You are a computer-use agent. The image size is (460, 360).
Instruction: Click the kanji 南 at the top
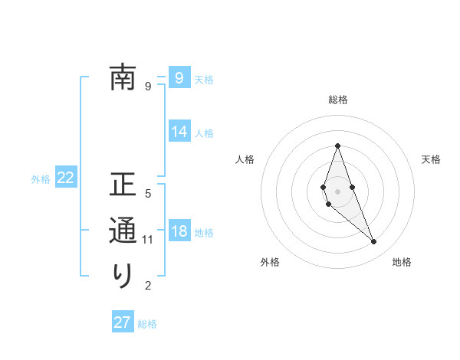point(123,77)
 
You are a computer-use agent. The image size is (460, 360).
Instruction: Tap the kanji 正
point(123,186)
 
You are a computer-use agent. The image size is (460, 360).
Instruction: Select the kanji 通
point(123,231)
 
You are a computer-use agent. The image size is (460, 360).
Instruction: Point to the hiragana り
point(123,275)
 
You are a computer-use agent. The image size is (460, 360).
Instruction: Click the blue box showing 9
point(179,77)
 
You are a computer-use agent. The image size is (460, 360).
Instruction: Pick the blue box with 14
point(179,132)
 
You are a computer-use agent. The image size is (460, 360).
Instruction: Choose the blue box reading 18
point(179,231)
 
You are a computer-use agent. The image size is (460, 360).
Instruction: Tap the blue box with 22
point(66,178)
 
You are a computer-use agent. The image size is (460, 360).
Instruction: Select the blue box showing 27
point(123,322)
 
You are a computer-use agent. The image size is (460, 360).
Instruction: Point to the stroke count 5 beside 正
point(148,195)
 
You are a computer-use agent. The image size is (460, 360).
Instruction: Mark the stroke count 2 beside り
point(148,286)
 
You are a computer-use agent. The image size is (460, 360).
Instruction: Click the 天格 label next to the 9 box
point(204,79)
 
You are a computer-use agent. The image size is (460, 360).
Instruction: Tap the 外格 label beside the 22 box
point(41,179)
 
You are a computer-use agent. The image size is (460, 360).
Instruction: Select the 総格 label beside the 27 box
point(147,324)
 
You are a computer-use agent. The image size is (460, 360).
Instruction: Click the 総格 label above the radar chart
point(337,100)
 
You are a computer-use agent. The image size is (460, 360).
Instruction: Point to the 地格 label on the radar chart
point(402,262)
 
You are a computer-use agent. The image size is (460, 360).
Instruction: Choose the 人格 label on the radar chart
point(245,159)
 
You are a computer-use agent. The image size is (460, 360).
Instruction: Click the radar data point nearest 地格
point(373,242)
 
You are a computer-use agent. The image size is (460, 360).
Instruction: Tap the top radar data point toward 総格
point(337,146)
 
